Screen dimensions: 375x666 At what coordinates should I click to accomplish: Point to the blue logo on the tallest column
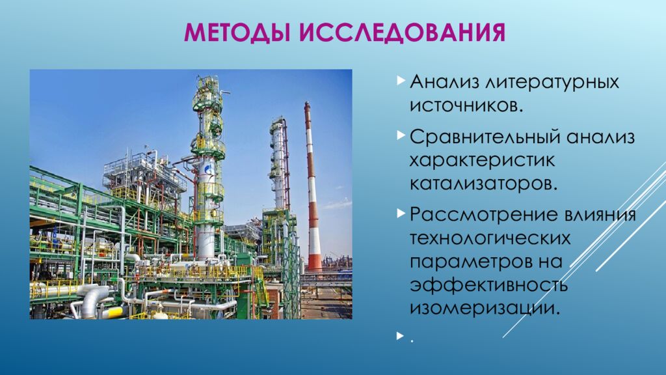[208, 170]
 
